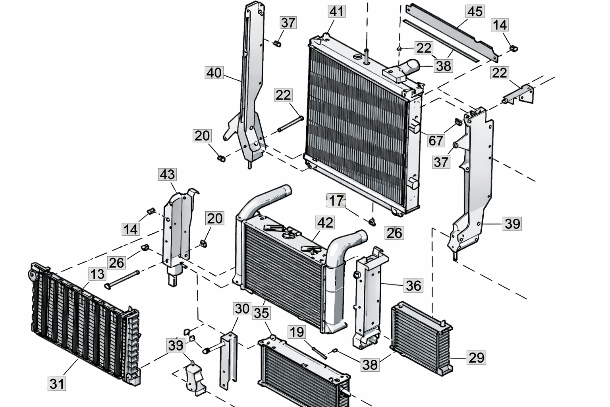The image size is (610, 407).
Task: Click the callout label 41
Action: [336, 12]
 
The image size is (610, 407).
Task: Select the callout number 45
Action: [475, 12]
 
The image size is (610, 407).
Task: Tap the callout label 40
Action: [214, 73]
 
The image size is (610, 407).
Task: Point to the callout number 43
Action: [167, 174]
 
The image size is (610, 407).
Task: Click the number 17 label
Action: [336, 201]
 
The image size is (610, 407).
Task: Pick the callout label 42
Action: [325, 223]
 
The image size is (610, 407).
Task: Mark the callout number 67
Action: [436, 140]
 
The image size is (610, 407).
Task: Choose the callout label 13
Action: [97, 274]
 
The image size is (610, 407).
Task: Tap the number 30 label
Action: [242, 309]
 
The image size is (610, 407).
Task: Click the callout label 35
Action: [261, 313]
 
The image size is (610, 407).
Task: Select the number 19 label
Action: [297, 332]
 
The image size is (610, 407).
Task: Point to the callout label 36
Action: [413, 285]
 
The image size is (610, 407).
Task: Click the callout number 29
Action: [476, 358]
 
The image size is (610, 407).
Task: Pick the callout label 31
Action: [57, 384]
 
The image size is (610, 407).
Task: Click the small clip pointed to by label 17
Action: [372, 221]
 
